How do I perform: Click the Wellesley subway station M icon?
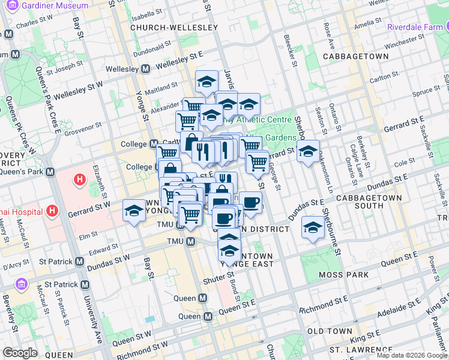click(145, 69)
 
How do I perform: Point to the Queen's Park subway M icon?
click(51, 172)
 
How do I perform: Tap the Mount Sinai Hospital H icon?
click(53, 211)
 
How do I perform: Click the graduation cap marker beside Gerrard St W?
click(134, 210)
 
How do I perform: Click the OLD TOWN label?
click(330, 331)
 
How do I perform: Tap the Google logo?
click(20, 353)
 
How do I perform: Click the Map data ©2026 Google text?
click(412, 355)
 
